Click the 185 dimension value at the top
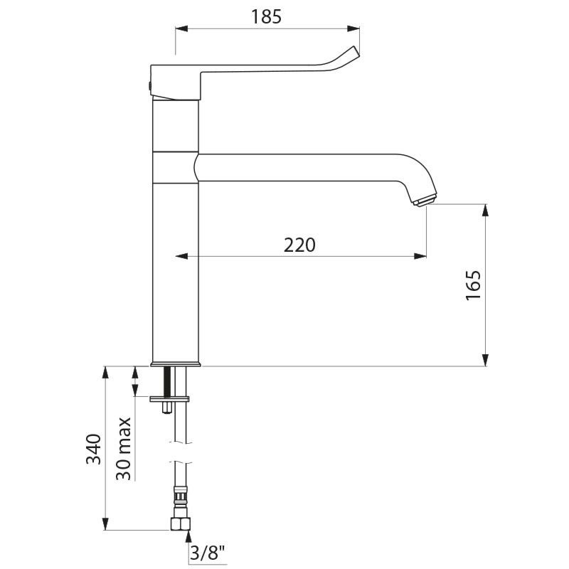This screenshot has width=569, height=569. pyautogui.click(x=267, y=16)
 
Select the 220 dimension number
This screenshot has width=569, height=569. pyautogui.click(x=299, y=245)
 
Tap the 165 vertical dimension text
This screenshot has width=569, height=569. pyautogui.click(x=474, y=286)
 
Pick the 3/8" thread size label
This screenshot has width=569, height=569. pyautogui.click(x=208, y=551)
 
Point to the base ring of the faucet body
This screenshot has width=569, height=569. pyautogui.click(x=176, y=364)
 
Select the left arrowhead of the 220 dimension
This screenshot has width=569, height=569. pyautogui.click(x=181, y=256)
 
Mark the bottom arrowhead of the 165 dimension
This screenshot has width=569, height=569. pyautogui.click(x=486, y=361)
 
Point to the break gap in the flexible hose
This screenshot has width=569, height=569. pyautogui.click(x=181, y=452)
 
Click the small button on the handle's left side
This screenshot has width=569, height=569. pyautogui.click(x=149, y=84)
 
